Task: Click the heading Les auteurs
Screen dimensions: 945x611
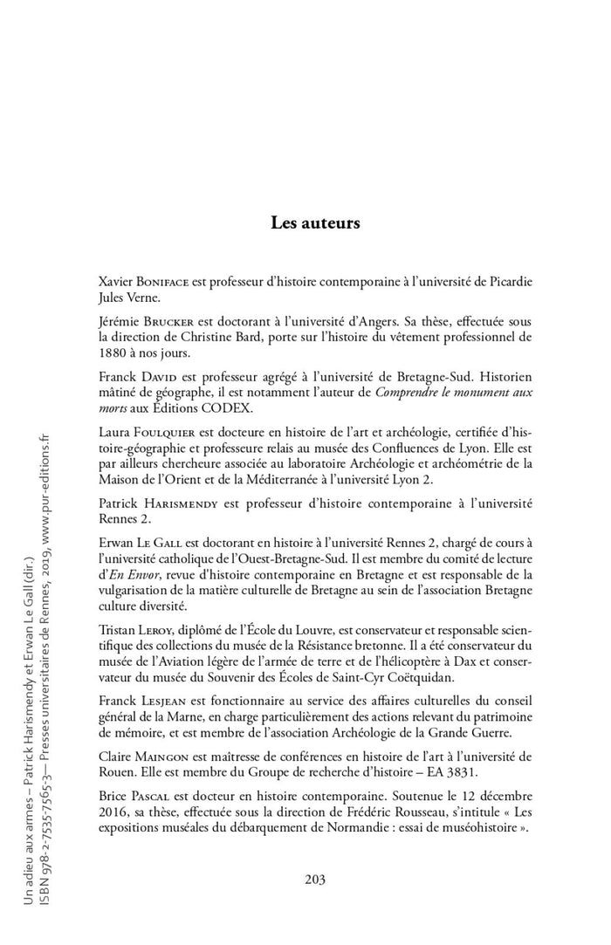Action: (315, 223)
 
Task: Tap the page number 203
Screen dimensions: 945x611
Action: (315, 879)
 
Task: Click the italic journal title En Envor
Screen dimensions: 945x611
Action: (124, 574)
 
